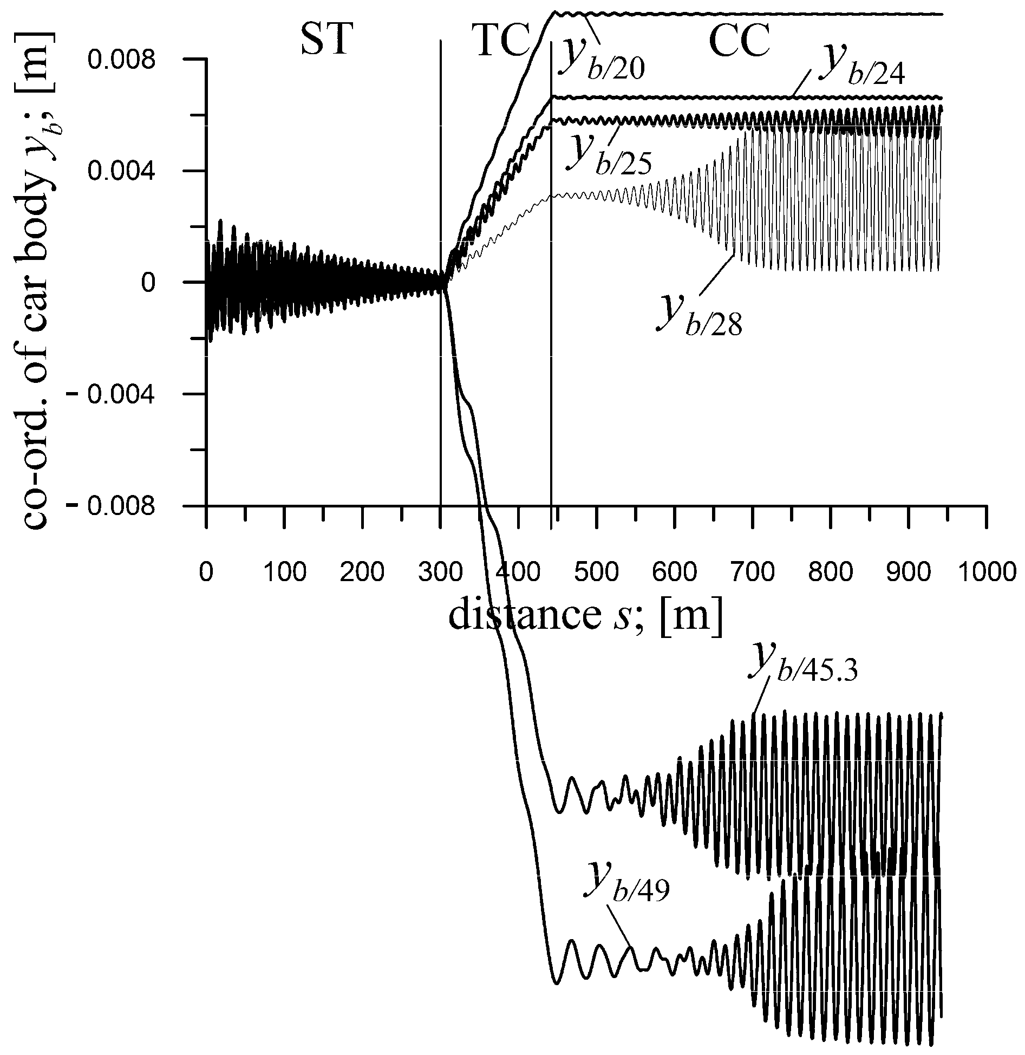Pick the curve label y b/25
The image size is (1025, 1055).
point(612,154)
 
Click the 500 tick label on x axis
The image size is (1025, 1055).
point(596,572)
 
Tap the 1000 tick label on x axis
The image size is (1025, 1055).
point(987,572)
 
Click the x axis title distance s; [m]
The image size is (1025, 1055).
point(585,616)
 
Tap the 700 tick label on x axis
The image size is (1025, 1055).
point(753,572)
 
